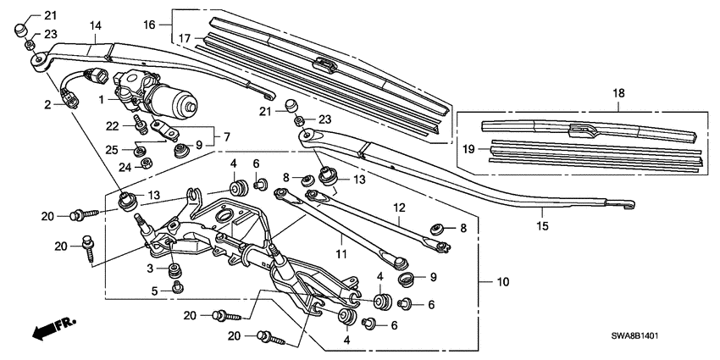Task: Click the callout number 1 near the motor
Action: click(101, 99)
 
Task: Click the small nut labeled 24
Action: click(145, 163)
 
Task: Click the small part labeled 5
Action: click(178, 288)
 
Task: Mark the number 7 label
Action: click(226, 136)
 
